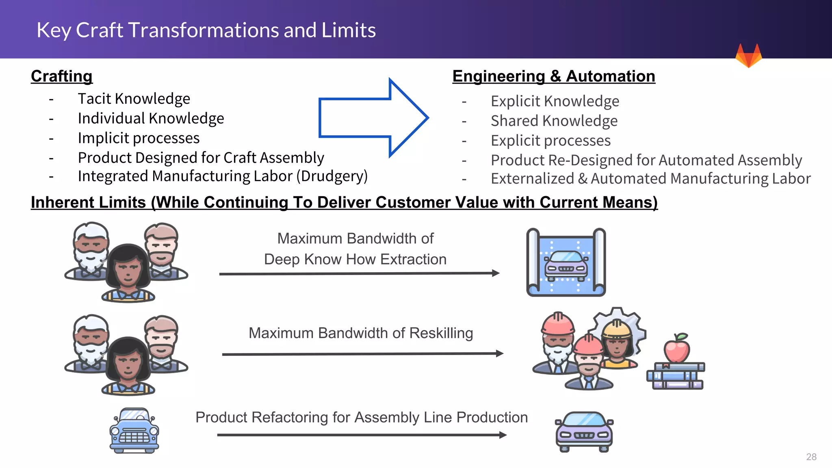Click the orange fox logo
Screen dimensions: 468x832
pyautogui.click(x=748, y=56)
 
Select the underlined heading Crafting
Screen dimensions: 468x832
pyautogui.click(x=62, y=76)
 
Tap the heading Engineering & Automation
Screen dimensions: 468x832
pyautogui.click(x=554, y=76)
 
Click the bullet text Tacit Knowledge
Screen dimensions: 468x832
pyautogui.click(x=134, y=99)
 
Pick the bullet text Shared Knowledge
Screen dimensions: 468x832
pyautogui.click(x=554, y=121)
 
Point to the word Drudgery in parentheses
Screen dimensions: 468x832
pyautogui.click(x=332, y=176)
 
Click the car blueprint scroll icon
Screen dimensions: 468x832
pyautogui.click(x=566, y=262)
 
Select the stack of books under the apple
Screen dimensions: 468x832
pyautogui.click(x=676, y=376)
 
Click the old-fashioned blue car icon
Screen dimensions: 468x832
pyautogui.click(x=134, y=431)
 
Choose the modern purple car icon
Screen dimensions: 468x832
pyautogui.click(x=584, y=432)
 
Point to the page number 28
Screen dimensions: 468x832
pyautogui.click(x=811, y=457)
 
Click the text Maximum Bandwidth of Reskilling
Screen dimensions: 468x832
pyautogui.click(x=361, y=333)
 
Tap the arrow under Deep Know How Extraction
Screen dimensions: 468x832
pyautogui.click(x=359, y=274)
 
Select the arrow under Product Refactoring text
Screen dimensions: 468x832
pyautogui.click(x=362, y=435)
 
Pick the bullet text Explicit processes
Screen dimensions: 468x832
pyautogui.click(x=550, y=141)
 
